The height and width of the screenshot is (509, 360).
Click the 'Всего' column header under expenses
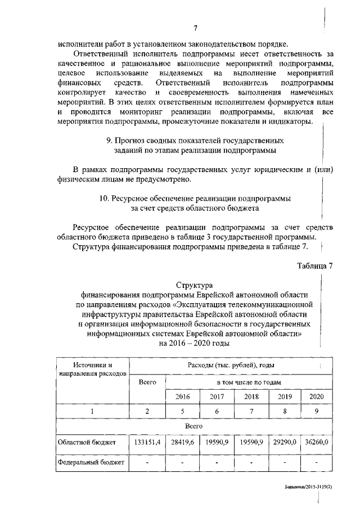point(147,382)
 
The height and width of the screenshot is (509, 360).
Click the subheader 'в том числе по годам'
point(249,382)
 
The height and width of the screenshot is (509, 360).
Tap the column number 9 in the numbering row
point(317,411)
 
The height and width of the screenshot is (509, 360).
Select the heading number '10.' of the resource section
point(103,199)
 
